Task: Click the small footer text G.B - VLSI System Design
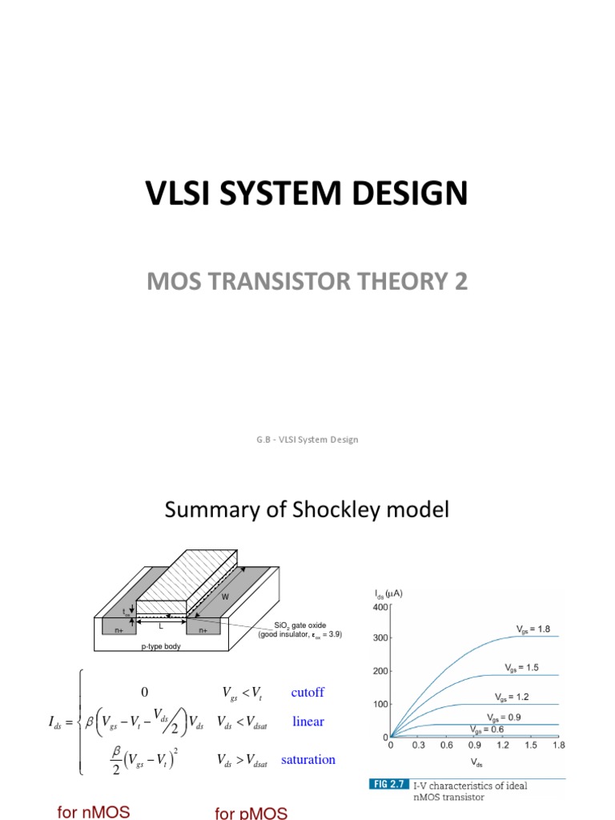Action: coord(307,440)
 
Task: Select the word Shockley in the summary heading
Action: coord(340,511)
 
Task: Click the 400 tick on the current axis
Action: coord(379,607)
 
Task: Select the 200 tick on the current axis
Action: coord(379,672)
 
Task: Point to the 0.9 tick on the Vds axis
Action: coord(475,745)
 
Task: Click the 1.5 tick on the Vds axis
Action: coord(531,745)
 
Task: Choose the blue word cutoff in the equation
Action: coord(307,692)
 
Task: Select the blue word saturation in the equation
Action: coord(308,759)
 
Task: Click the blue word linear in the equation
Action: coord(308,722)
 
